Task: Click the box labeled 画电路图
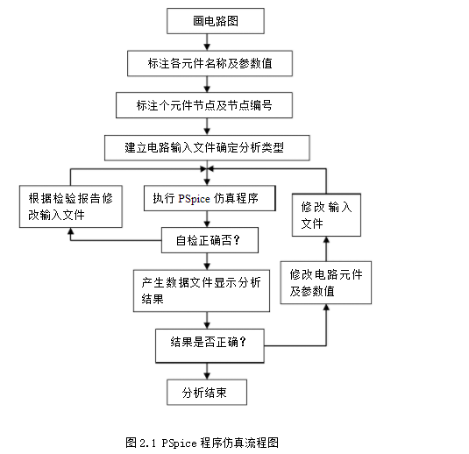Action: click(x=216, y=21)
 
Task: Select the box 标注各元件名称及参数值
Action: click(x=210, y=63)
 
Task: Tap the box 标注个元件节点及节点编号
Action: click(x=204, y=105)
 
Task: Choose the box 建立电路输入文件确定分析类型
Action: click(x=207, y=148)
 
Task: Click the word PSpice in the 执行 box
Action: click(x=194, y=199)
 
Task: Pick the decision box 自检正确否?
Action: click(x=210, y=240)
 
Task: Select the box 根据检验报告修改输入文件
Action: click(x=71, y=206)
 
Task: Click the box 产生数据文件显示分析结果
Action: click(x=202, y=291)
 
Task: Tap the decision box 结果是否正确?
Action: click(x=210, y=346)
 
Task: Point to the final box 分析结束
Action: click(x=207, y=393)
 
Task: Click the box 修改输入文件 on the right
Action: click(x=326, y=215)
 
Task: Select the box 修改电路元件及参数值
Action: click(x=326, y=282)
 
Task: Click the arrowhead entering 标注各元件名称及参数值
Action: click(x=207, y=47)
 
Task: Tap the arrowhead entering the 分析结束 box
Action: click(x=207, y=376)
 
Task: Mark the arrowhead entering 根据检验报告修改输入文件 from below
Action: click(x=71, y=231)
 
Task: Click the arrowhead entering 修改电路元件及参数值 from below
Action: click(x=326, y=308)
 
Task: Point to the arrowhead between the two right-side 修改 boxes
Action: click(x=326, y=239)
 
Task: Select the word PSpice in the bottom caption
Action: click(x=179, y=443)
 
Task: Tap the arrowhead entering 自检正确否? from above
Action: click(x=207, y=223)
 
